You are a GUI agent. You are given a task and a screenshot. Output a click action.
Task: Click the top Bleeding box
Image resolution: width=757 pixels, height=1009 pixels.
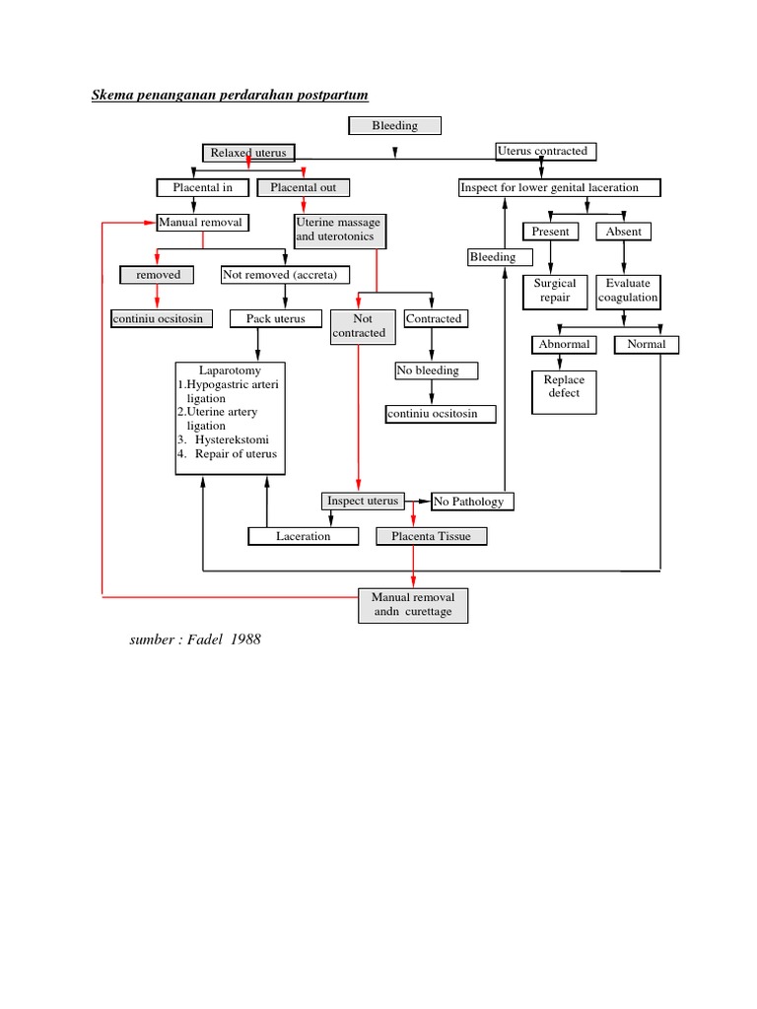coord(394,125)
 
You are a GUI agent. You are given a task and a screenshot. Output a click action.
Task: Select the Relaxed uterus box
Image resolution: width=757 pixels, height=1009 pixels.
coord(248,153)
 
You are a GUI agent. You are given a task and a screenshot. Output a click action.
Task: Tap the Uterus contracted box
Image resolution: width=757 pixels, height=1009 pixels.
coord(545,151)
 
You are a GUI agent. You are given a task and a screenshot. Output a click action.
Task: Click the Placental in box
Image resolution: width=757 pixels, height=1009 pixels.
coord(203,187)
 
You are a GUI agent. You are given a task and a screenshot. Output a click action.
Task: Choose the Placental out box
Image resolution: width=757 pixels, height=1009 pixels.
coord(304,187)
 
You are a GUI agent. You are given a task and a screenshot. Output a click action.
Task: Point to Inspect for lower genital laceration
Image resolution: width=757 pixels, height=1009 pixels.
coord(560,187)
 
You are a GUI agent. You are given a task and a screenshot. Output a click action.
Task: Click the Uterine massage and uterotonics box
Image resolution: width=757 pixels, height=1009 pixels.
coord(338,230)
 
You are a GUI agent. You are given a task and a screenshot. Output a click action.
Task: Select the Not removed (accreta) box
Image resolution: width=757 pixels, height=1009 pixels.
coord(280,275)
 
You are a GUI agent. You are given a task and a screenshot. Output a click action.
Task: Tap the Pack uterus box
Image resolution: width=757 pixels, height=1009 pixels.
coord(276,318)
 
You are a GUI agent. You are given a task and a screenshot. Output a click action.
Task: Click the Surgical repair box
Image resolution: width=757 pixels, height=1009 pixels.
coord(555,291)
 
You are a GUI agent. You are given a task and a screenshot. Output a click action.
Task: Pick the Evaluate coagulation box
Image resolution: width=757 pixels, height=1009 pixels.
coord(628,291)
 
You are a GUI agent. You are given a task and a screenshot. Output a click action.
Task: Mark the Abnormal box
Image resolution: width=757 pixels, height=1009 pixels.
coord(564,344)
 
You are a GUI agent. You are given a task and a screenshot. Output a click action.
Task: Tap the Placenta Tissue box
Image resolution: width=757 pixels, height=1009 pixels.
coord(431,536)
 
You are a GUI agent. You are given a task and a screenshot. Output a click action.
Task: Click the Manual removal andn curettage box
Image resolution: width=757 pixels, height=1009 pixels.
coord(413,605)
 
